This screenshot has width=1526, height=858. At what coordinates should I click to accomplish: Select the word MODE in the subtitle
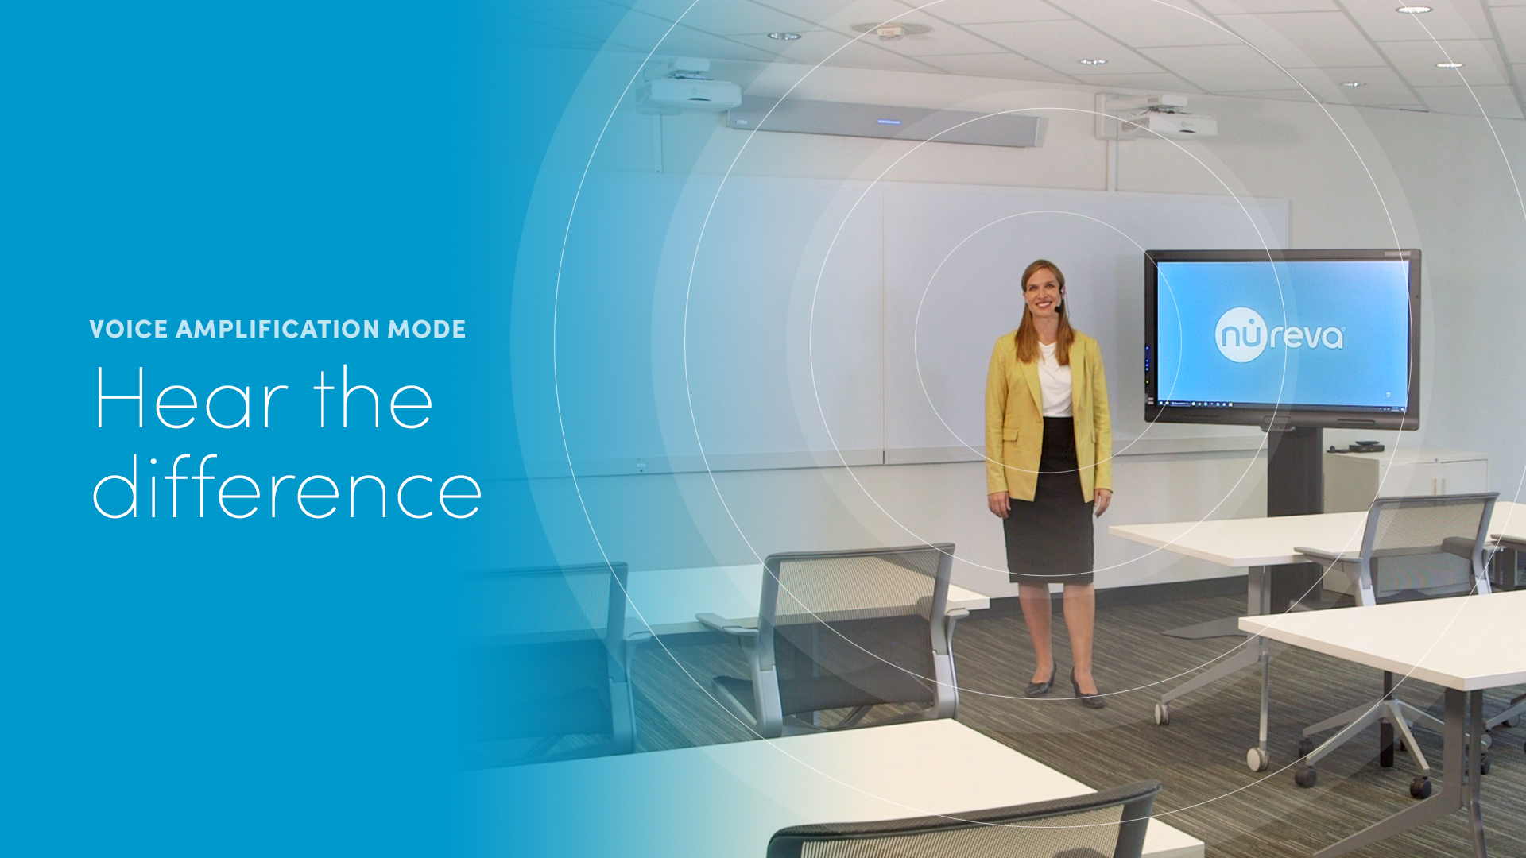(x=427, y=329)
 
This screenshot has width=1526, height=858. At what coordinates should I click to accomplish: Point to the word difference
(x=287, y=487)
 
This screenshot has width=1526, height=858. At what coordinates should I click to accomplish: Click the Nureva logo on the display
(x=1280, y=335)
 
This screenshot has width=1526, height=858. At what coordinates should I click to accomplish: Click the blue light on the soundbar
(x=889, y=122)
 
